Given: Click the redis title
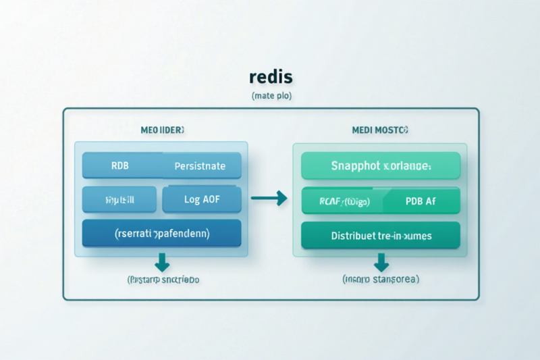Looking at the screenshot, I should [x=270, y=77].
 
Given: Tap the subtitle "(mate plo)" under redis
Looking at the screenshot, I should [x=271, y=97].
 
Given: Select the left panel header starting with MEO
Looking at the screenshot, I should [x=161, y=128].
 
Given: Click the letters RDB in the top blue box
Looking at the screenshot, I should [x=120, y=165].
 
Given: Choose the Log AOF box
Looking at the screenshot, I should [x=202, y=199].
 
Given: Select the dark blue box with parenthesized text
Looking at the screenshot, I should [x=161, y=233].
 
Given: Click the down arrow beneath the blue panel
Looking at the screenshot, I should [x=162, y=261].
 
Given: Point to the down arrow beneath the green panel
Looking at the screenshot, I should [x=381, y=261].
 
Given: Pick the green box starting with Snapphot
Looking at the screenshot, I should [x=381, y=165].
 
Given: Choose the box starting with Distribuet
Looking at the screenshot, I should [x=381, y=236].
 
